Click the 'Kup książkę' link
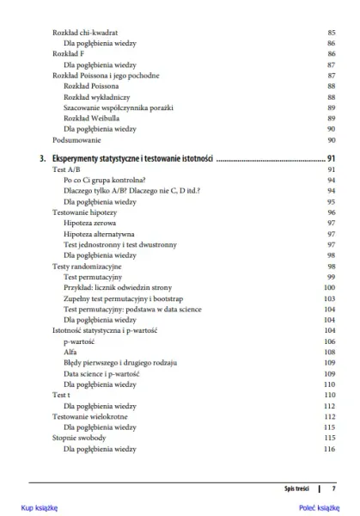coord(39,507)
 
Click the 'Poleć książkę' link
coord(320,507)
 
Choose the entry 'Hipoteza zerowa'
coord(91,223)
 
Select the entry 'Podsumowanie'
coord(76,139)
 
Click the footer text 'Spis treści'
coord(296,488)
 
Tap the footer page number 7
coord(333,488)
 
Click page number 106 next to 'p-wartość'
coord(328,341)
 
